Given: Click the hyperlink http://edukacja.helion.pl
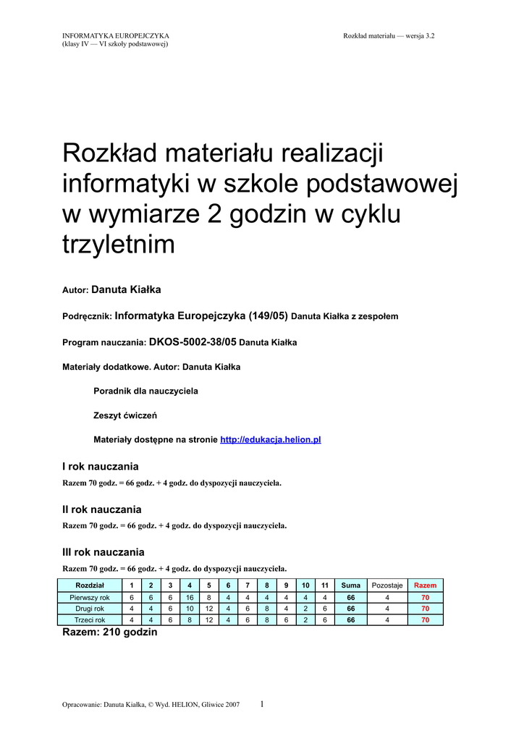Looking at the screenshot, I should coord(270,439).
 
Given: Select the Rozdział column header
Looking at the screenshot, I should coord(90,585).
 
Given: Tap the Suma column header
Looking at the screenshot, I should coord(351,585).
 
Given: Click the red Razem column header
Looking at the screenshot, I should coord(425,585).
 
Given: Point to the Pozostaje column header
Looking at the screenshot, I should coord(387,585).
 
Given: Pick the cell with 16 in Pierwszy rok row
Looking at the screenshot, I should coord(190,598).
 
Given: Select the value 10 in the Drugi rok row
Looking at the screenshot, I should coord(190,609).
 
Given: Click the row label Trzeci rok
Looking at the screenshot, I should coord(90,620).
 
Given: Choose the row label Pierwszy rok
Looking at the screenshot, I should coord(90,598).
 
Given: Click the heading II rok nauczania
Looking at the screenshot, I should coord(102,509).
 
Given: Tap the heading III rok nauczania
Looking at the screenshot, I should coord(103,552).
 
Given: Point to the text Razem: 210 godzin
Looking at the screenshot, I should coord(109,632).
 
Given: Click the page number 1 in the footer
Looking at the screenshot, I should coord(262,703).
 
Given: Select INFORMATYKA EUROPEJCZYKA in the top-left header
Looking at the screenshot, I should coord(116,35).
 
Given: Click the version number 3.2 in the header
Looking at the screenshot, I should coord(430,35).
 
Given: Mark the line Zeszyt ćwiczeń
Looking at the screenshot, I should coord(125,415).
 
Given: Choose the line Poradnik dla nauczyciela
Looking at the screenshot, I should coord(145,391).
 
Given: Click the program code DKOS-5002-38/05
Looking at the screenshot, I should coord(193,342).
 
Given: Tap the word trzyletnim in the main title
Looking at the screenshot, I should coord(119,245).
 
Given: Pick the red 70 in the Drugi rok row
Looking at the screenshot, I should coord(425,609).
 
